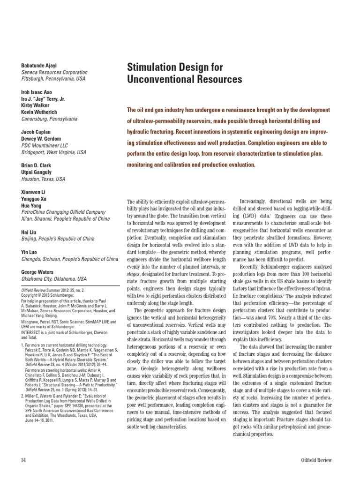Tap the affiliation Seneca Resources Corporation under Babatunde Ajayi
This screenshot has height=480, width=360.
54,73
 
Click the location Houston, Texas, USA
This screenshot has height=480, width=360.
44,180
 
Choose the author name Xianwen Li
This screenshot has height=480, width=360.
34,193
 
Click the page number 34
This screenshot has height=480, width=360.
23,460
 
